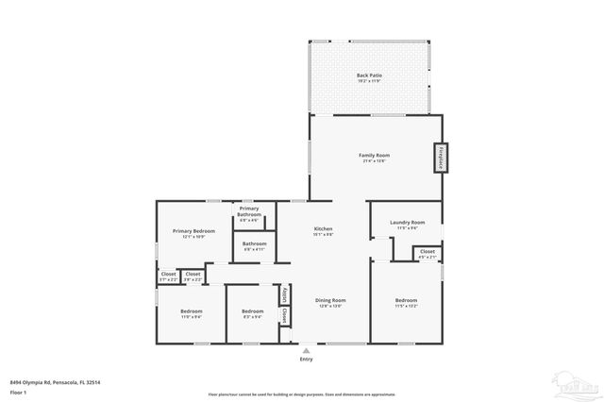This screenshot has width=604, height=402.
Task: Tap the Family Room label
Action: pos(375,157)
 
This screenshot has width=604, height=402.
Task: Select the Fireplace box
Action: pos(440,158)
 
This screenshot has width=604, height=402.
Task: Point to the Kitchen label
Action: pos(324,231)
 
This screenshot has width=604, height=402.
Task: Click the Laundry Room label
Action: pos(408,225)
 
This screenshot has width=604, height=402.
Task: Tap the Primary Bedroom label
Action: pos(193,233)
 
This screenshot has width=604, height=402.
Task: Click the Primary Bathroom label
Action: pos(249,212)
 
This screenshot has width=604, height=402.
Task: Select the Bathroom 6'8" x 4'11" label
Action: pos(254,246)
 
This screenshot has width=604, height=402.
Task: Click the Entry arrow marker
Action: pos(306,348)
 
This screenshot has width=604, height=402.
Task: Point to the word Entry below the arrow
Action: pos(306,359)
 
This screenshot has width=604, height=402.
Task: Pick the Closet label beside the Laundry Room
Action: pos(428,253)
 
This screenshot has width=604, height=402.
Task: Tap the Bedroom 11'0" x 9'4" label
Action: pos(191,313)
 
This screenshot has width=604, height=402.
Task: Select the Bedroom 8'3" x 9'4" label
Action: pos(252,313)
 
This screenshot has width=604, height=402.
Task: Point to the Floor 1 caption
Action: pos(19,391)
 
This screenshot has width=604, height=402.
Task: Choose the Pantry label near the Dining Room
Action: pos(284,295)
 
